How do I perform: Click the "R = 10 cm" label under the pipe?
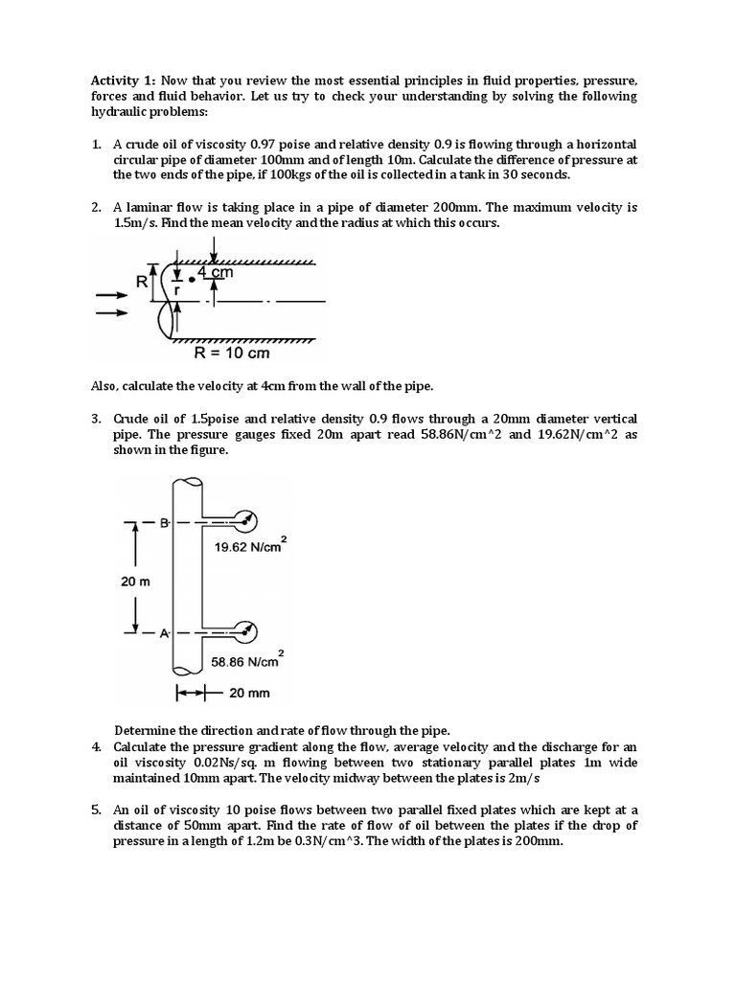232,353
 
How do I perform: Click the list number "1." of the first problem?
96,144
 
